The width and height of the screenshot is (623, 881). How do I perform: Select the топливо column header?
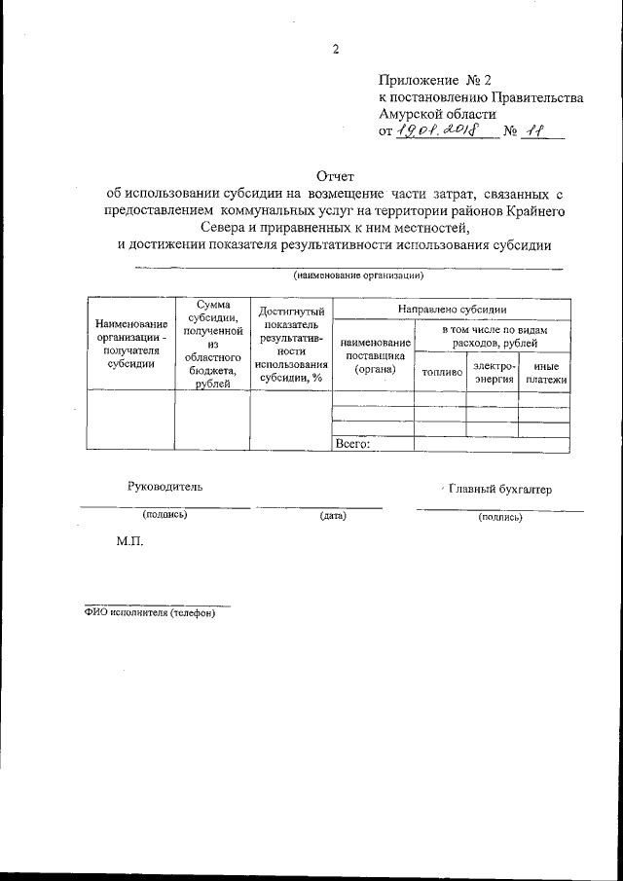440,372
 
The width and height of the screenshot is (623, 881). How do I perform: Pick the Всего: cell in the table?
352,444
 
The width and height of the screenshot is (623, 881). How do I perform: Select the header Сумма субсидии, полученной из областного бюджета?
212,345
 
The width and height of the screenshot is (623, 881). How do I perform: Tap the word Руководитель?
165,487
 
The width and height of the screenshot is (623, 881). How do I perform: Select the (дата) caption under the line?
333,515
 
